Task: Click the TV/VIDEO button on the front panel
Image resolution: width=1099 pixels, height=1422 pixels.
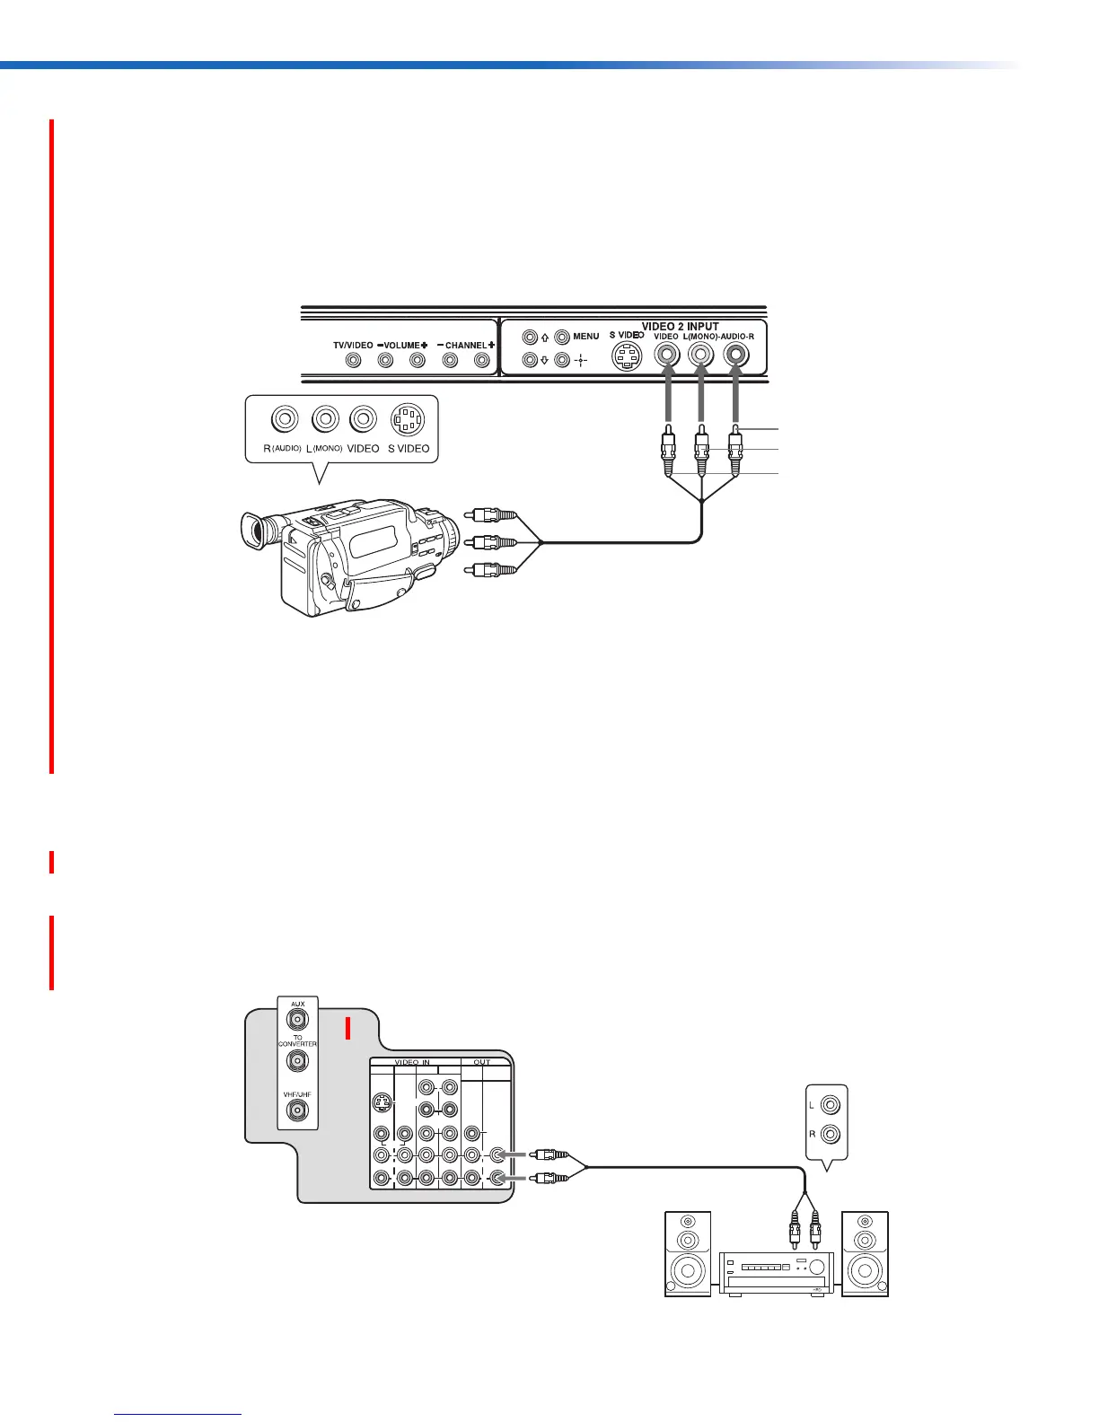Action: click(354, 360)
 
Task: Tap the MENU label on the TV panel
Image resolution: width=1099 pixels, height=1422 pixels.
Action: click(585, 337)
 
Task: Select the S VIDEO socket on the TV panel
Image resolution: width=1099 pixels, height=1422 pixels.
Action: click(627, 357)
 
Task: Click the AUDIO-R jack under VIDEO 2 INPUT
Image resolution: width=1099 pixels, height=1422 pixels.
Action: click(736, 355)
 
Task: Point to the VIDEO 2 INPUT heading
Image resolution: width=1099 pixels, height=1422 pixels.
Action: click(680, 327)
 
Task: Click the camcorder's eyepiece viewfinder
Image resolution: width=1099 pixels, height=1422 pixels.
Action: click(254, 530)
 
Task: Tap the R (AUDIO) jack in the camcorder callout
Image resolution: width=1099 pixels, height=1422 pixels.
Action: click(285, 419)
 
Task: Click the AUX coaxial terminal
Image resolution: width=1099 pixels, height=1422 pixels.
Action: click(296, 1019)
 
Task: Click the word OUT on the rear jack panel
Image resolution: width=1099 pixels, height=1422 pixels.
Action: click(482, 1062)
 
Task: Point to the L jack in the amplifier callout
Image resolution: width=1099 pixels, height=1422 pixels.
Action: click(831, 1105)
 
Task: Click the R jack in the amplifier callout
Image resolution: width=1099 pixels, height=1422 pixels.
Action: click(831, 1134)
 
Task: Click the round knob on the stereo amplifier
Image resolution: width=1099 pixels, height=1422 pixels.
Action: click(815, 1268)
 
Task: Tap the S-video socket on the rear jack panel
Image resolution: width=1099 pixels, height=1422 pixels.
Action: click(382, 1102)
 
